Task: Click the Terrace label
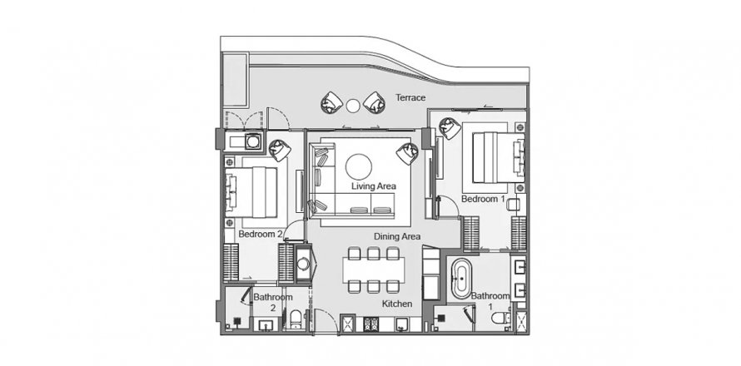pos(410,98)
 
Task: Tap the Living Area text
pos(373,186)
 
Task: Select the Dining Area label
pos(396,236)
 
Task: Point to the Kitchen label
pos(397,304)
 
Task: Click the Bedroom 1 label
pos(483,200)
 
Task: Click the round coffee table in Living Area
pos(359,164)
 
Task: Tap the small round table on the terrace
pos(353,105)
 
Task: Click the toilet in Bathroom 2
pos(296,318)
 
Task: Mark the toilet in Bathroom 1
pos(500,317)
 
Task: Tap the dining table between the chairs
pos(373,269)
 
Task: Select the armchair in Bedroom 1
pos(450,129)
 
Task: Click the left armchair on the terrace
pos(331,102)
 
